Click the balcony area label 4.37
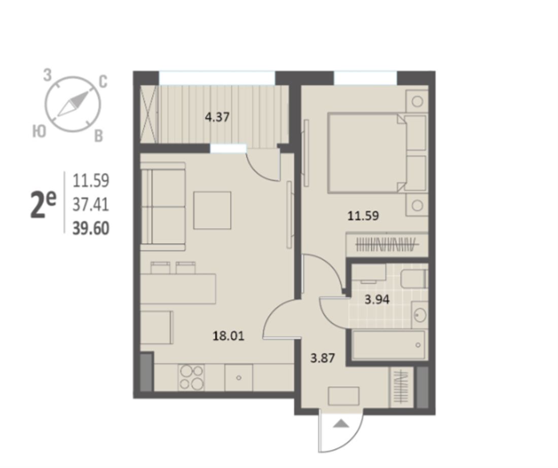pos(217,117)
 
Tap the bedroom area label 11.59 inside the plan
pos(363,216)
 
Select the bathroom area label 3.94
pos(377,300)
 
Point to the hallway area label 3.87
pos(323,358)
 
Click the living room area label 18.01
pos(228,336)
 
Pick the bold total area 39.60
pos(91,228)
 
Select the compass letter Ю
pos(39,132)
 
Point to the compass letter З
pos(47,76)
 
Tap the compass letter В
pos(98,136)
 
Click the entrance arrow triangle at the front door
pos(341,423)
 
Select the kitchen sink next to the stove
pos(239,377)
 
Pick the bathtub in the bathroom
pos(388,345)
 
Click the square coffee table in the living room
pos(212,210)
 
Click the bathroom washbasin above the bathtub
pos(420,315)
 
